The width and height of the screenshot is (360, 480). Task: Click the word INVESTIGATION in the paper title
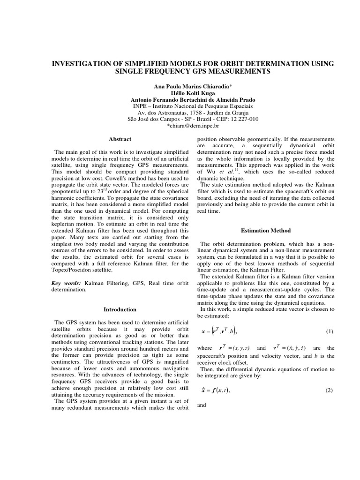pyautogui.click(x=81, y=64)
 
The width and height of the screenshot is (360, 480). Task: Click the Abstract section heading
pyautogui.click(x=120, y=139)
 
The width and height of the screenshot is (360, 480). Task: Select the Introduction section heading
pyautogui.click(x=120, y=309)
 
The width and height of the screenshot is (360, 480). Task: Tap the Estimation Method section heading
pyautogui.click(x=266, y=231)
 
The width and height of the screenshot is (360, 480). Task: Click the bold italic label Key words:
pyautogui.click(x=66, y=284)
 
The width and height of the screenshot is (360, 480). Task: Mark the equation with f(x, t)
pyautogui.click(x=216, y=390)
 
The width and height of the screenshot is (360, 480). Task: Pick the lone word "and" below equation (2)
pyautogui.click(x=202, y=405)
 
